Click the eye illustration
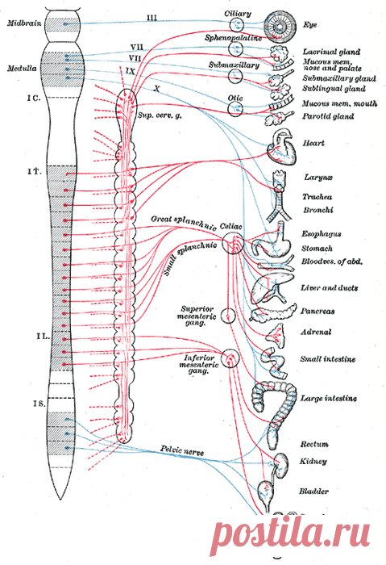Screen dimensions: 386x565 pos(280,26)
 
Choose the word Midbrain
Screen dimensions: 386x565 pos(24,23)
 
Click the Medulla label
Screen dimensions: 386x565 pos(23,68)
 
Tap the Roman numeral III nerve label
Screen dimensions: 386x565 pos(151,17)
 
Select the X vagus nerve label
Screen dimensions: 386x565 pos(156,88)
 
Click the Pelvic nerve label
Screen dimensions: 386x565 pos(181,450)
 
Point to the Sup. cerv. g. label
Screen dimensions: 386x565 pos(160,115)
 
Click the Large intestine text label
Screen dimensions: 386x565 pos(329,399)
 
